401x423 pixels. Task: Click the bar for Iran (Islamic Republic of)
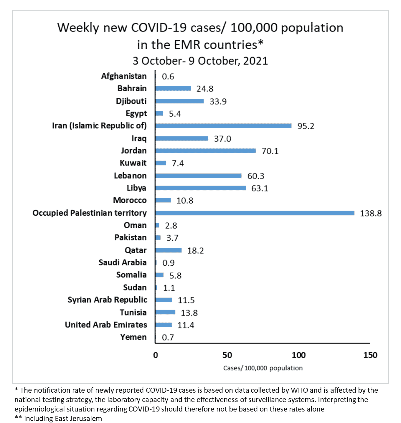pos(223,126)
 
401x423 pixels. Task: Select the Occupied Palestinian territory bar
pos(255,213)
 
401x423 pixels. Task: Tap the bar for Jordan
pos(206,151)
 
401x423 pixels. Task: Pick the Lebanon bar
pos(198,176)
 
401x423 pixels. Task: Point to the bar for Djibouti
pos(179,101)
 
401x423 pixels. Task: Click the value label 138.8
pos(371,213)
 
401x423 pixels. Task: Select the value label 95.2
pos(306,126)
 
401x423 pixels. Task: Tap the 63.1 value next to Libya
pos(260,188)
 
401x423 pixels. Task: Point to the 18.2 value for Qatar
pos(195,251)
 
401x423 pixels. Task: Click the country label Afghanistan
pos(124,76)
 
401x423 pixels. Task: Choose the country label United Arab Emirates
pos(106,325)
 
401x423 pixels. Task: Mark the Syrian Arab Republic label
pos(107,300)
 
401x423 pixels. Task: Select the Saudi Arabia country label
pos(123,262)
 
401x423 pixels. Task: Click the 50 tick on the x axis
pos(227,355)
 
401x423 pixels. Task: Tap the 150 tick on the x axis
pos(370,355)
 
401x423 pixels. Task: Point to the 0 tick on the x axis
pos(156,355)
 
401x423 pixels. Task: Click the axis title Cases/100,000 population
pos(263,368)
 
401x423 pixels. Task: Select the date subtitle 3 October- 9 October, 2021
pos(200,61)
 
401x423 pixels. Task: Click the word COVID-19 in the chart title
pos(159,28)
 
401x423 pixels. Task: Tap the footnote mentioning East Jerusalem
pos(59,419)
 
